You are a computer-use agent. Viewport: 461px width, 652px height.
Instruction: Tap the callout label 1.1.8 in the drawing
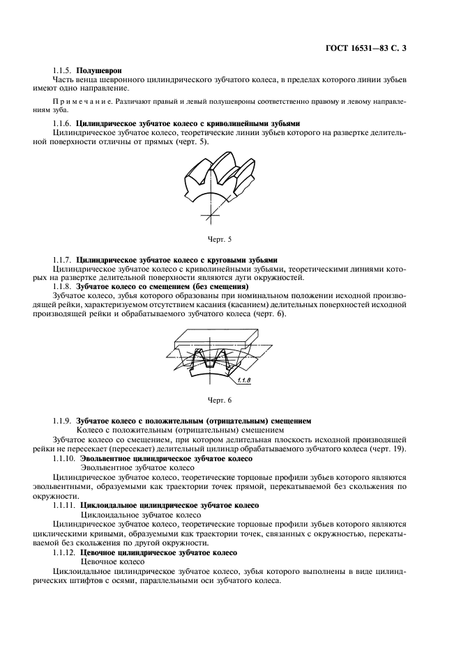click(x=245, y=381)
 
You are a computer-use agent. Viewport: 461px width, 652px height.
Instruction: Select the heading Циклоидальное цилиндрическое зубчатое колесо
click(x=170, y=505)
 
